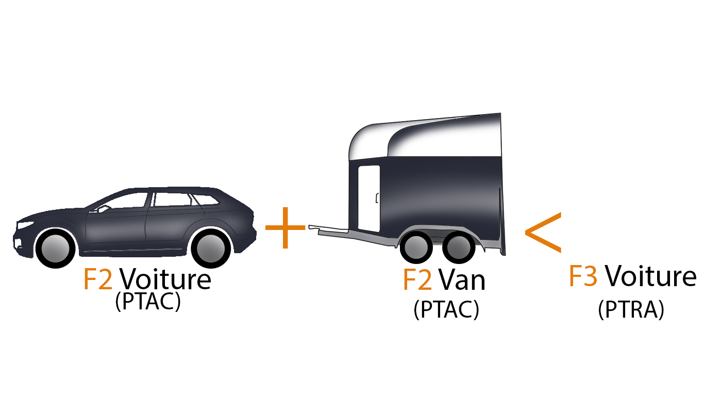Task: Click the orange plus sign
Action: pos(286,227)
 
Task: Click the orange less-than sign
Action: pos(543,233)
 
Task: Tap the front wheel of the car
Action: pos(56,249)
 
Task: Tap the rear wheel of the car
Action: pos(211,249)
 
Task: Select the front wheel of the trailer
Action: pos(416,247)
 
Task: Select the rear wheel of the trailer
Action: pos(459,247)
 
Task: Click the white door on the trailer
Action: pos(369,199)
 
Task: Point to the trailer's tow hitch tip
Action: pos(310,227)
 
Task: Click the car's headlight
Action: pos(25,225)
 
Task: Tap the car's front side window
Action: pos(126,201)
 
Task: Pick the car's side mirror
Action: pos(103,208)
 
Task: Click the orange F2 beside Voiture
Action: pos(98,279)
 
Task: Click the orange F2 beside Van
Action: pos(417,279)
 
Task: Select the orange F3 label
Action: pos(583,276)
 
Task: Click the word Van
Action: pos(462,279)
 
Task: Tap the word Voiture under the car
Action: pos(165,278)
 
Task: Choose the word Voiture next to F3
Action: pos(650,275)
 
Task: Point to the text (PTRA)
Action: pos(631,309)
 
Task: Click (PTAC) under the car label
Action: pos(148,301)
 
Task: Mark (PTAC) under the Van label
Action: pos(446,309)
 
